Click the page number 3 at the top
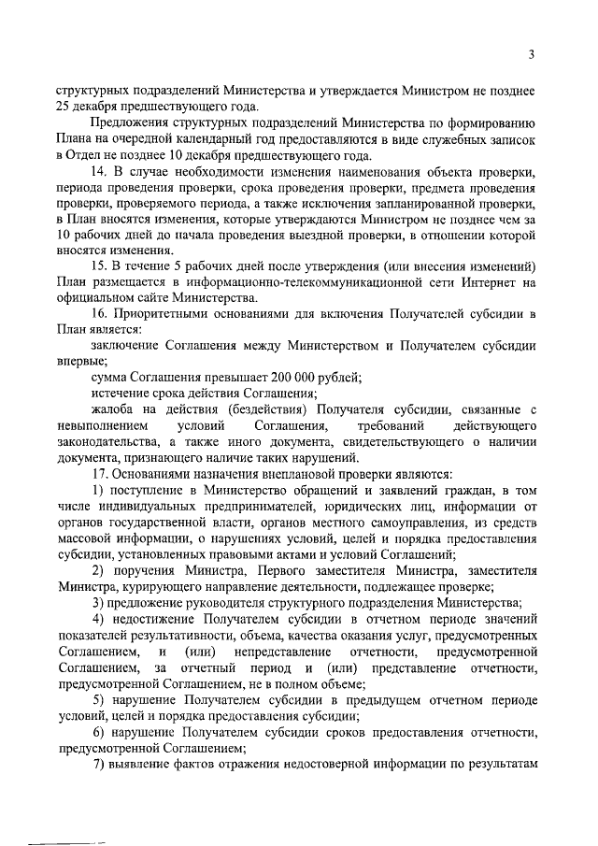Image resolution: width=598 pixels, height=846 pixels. tap(530, 54)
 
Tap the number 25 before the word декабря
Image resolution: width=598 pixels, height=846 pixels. tap(63, 106)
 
